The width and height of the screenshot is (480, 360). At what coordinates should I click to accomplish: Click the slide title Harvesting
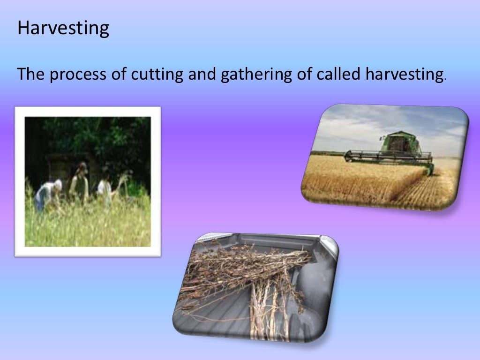(63, 29)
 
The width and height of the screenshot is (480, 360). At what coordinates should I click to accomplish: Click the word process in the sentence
(78, 75)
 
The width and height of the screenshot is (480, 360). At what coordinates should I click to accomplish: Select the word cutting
(151, 75)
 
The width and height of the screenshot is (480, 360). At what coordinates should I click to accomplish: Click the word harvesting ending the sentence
(404, 75)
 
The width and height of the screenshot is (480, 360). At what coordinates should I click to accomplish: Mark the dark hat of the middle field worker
(82, 166)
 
